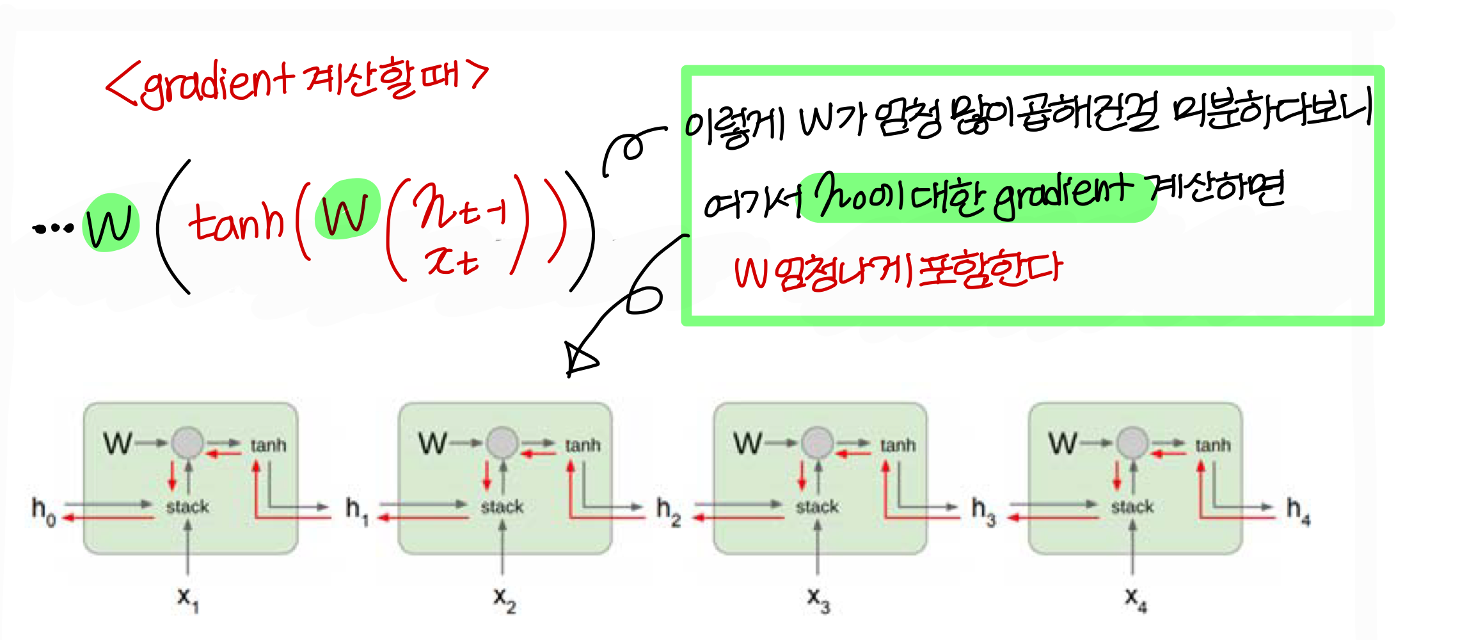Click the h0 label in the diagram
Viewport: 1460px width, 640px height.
[x=43, y=511]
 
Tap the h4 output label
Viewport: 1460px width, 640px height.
[x=1298, y=511]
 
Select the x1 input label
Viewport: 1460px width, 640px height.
[x=187, y=599]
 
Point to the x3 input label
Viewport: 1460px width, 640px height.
[x=818, y=599]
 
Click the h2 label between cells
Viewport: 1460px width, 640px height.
[x=668, y=511]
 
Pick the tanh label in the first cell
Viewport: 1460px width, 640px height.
[x=268, y=445]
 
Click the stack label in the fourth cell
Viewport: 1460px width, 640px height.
[x=1132, y=507]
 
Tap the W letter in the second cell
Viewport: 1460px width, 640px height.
[x=432, y=443]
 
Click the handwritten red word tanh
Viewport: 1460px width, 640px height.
[x=236, y=221]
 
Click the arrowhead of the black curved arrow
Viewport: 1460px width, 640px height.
[x=578, y=360]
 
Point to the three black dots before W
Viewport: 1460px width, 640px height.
[x=53, y=228]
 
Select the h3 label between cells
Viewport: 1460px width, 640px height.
[x=983, y=511]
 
